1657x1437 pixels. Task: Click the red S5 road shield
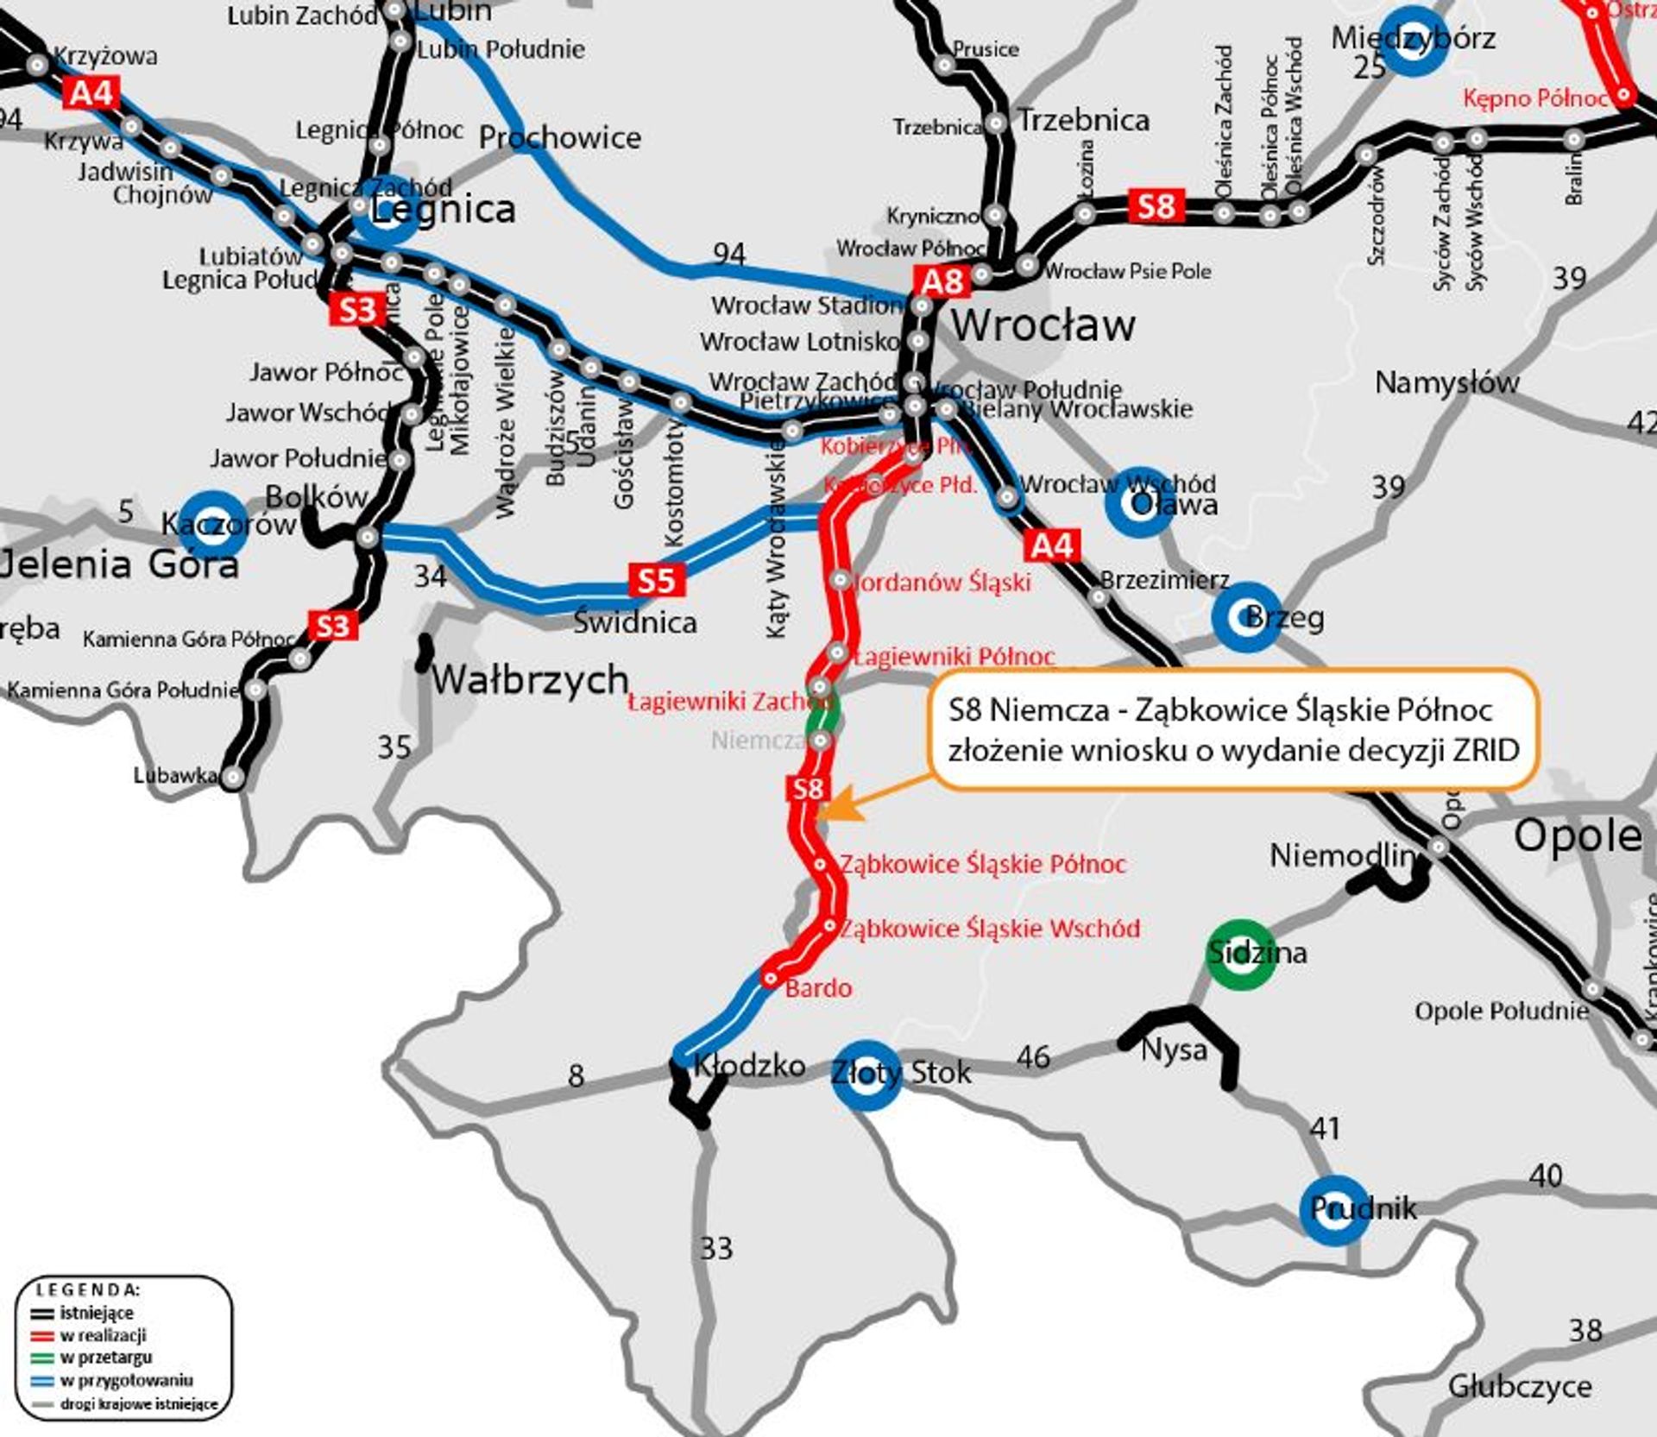[x=656, y=580]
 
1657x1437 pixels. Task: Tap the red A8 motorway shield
[x=942, y=281]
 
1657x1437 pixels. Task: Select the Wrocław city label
[x=1043, y=325]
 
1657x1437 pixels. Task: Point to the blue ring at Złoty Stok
[x=866, y=1075]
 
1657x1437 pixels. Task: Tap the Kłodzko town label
[x=750, y=1066]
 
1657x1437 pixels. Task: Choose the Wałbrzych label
[x=530, y=680]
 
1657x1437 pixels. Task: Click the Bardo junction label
[x=818, y=988]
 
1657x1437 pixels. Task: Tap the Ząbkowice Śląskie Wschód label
[x=990, y=929]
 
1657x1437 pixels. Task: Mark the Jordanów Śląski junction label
[x=942, y=583]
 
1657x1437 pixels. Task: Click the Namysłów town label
[x=1446, y=382]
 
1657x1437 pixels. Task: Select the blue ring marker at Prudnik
[x=1334, y=1210]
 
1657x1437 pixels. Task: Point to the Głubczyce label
[x=1520, y=1386]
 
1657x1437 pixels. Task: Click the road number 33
[x=716, y=1248]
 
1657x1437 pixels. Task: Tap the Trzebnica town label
[x=1084, y=120]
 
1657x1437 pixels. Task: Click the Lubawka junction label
[x=175, y=775]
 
